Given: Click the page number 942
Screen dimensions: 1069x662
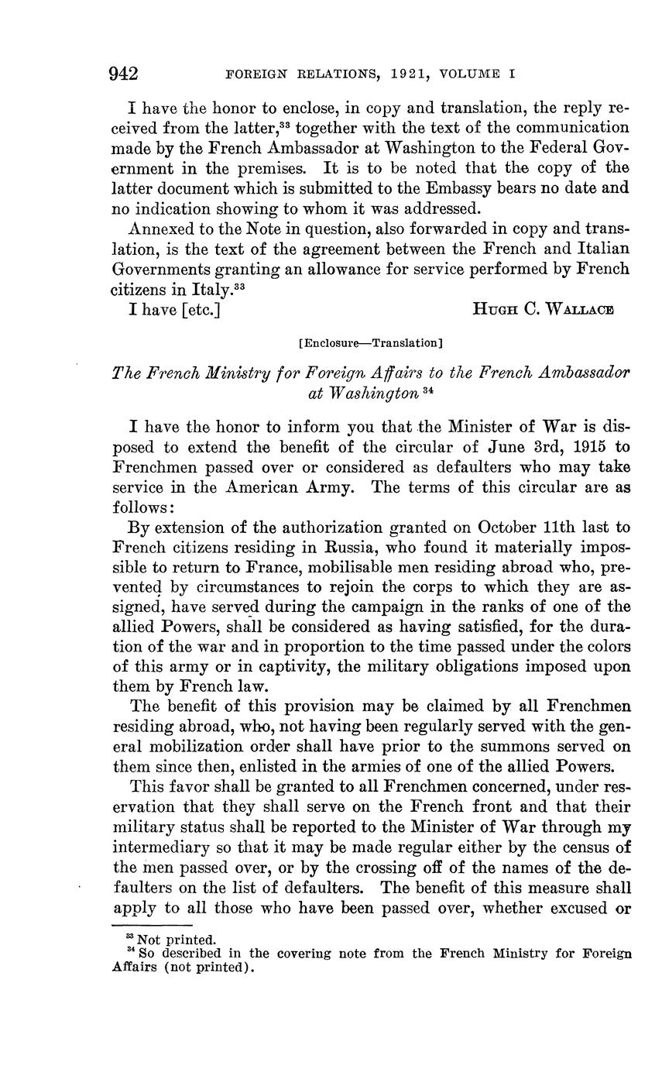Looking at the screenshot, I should [x=125, y=74].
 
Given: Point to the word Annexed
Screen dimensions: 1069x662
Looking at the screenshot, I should [x=164, y=229].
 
